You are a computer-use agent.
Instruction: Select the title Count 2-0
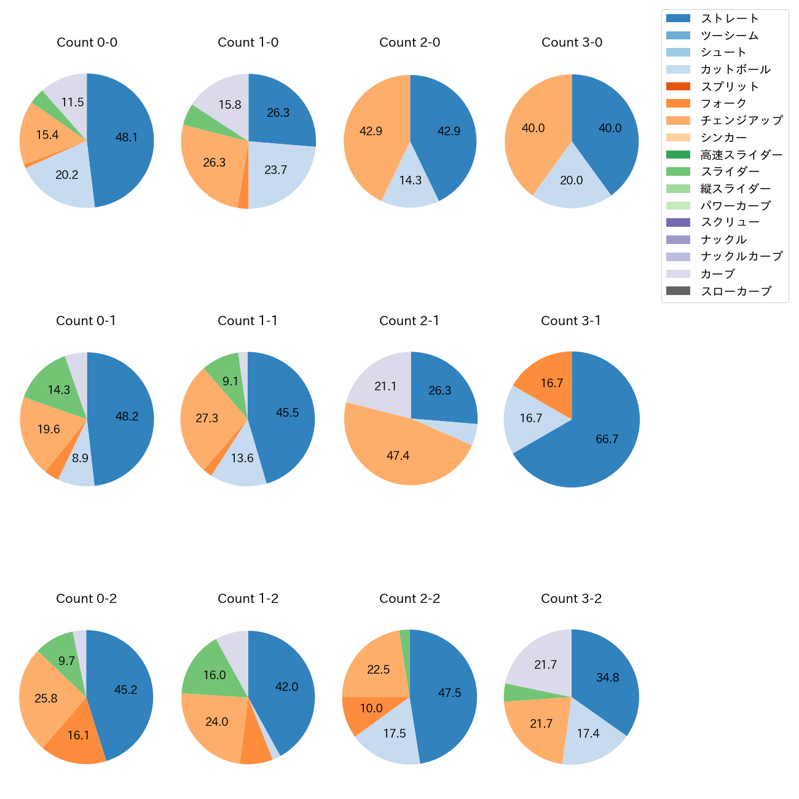coord(409,42)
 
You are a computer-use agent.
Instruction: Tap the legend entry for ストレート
coord(730,18)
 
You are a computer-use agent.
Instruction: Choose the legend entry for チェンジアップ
coord(741,120)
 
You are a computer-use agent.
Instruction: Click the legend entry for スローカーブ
coord(736,291)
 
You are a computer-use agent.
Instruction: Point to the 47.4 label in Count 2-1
coord(398,455)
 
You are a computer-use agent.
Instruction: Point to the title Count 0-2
coord(86,599)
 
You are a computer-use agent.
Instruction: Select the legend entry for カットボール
coord(735,69)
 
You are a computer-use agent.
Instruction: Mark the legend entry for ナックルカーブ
coord(741,257)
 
